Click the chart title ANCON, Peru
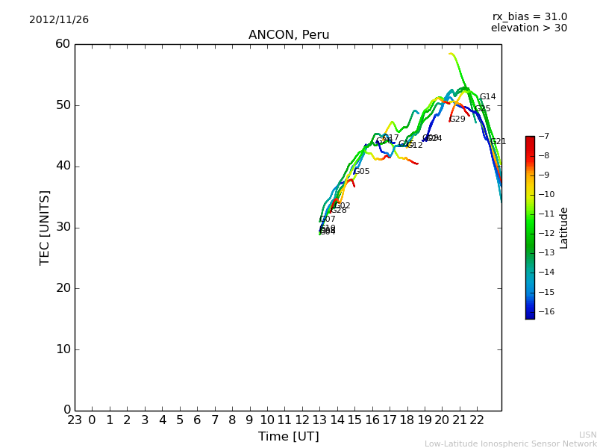289,35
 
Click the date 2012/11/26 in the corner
59,19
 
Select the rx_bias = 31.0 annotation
529,16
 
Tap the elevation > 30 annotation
528,28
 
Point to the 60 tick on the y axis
63,44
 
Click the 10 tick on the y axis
63,349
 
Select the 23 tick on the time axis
75,420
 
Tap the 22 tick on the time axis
478,420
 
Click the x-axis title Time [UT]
288,436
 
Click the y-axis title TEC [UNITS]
45,227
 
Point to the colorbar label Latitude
564,227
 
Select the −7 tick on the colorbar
543,137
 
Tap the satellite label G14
487,97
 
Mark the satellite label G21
498,142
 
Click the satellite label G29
457,119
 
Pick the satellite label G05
361,172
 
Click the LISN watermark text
587,435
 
